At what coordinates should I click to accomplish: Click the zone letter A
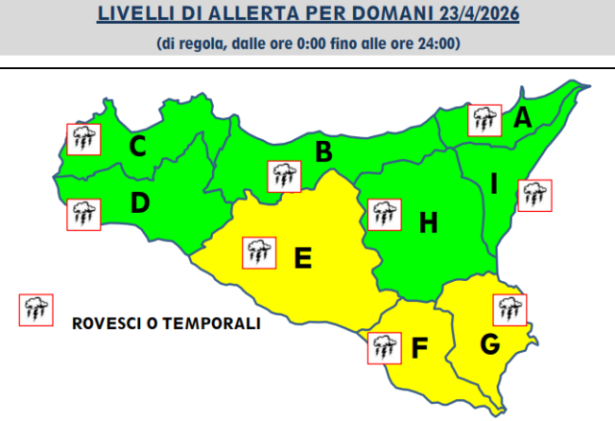point(521,119)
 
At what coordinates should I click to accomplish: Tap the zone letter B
point(323,151)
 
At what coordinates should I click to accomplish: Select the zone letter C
point(137,147)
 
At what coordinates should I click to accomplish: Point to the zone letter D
point(140,202)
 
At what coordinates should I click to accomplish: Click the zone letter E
point(303,257)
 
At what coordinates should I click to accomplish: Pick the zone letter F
point(419,348)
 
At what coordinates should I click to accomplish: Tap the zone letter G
point(489,344)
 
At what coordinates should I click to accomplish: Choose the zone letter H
point(428,223)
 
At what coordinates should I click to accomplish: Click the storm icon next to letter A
point(485,119)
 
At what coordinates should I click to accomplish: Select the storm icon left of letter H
point(382,214)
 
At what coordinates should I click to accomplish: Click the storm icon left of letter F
point(383,347)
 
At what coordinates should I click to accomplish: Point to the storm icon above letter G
point(510,310)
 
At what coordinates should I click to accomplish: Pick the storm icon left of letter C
point(82,140)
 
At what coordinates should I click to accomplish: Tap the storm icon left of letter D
point(82,214)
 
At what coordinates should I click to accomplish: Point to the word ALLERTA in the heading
point(244,15)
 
